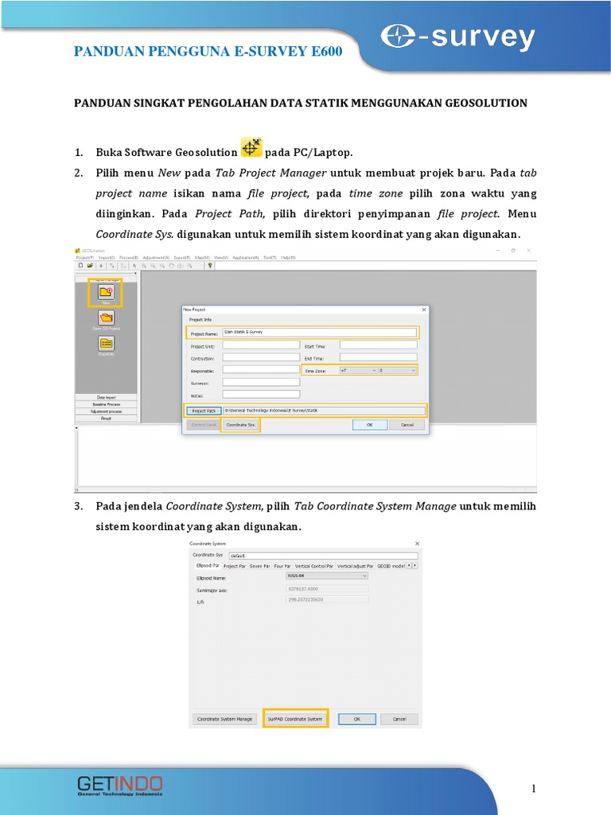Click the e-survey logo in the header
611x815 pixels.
click(457, 37)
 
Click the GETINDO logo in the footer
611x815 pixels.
click(119, 785)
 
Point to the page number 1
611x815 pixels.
click(534, 788)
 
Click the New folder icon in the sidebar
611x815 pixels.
click(105, 292)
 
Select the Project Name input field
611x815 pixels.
click(319, 333)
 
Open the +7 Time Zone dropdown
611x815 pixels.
click(357, 370)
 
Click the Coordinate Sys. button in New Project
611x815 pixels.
click(240, 425)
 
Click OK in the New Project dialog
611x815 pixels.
click(369, 425)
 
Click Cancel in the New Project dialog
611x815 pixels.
click(407, 425)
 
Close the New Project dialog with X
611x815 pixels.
click(423, 309)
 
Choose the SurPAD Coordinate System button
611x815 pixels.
click(295, 719)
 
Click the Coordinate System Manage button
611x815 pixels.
click(224, 719)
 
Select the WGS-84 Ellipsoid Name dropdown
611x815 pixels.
click(326, 575)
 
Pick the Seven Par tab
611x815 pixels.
click(259, 566)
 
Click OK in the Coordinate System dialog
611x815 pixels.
click(357, 719)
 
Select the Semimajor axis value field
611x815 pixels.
click(326, 589)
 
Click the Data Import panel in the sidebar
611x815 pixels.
click(106, 396)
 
